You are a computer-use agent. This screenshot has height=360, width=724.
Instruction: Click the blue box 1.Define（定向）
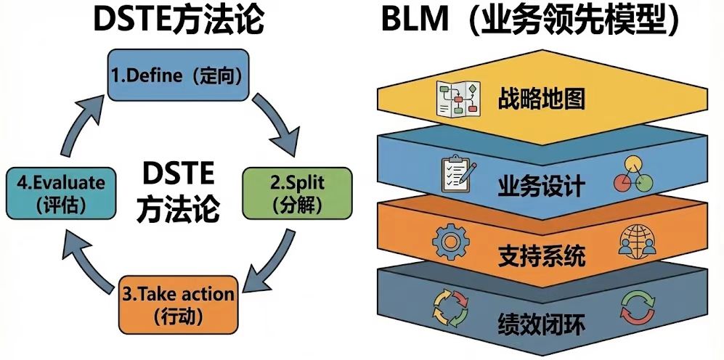tap(177, 75)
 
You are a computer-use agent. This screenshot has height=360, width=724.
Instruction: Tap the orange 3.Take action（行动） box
tap(177, 304)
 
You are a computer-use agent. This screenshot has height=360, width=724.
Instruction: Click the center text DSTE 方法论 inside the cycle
tap(177, 192)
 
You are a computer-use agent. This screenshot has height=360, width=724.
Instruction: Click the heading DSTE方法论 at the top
tap(178, 20)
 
